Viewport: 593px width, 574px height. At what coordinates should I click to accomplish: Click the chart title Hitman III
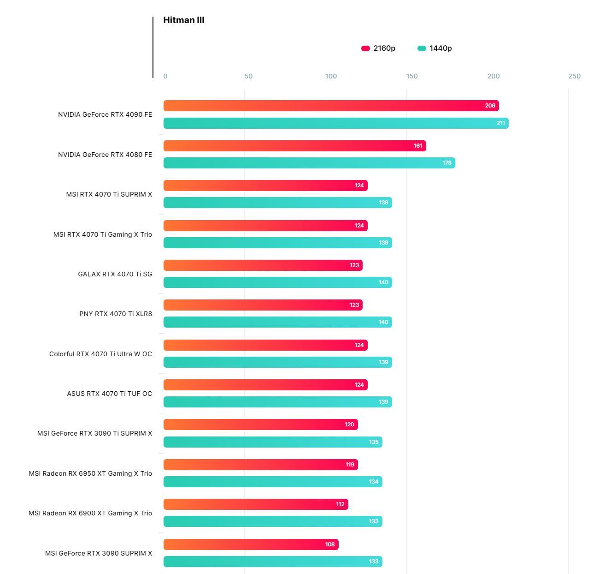click(184, 20)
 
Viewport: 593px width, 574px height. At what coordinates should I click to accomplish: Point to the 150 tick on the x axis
click(412, 76)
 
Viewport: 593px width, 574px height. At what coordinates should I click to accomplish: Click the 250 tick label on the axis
click(574, 76)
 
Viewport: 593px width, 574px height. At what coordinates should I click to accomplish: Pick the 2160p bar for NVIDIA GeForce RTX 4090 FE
click(331, 106)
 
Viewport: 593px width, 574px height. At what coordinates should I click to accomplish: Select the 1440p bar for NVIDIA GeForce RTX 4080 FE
click(309, 163)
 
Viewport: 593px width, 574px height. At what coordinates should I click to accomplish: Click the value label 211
click(501, 123)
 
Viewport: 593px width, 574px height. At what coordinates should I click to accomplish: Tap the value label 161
click(418, 146)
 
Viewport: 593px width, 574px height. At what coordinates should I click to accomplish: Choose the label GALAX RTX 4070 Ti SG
click(115, 274)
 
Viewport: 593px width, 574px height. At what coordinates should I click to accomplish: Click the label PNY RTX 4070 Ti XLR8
click(116, 314)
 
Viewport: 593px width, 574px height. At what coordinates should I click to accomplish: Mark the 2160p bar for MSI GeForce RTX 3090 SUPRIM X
click(251, 544)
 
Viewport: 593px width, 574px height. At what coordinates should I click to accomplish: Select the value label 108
click(330, 544)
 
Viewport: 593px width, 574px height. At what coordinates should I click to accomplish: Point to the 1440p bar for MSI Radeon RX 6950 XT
click(273, 482)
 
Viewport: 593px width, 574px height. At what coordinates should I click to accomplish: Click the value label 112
click(340, 504)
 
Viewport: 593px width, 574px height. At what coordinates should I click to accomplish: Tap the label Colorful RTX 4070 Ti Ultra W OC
click(100, 354)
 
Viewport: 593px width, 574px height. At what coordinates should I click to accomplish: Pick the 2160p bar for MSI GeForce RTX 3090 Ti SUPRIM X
click(260, 425)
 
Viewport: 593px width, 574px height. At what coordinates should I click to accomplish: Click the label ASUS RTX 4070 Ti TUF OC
click(109, 394)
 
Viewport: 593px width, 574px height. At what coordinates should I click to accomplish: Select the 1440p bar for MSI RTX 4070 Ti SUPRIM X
click(277, 203)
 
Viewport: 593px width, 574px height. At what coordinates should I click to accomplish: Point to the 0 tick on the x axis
click(165, 76)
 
